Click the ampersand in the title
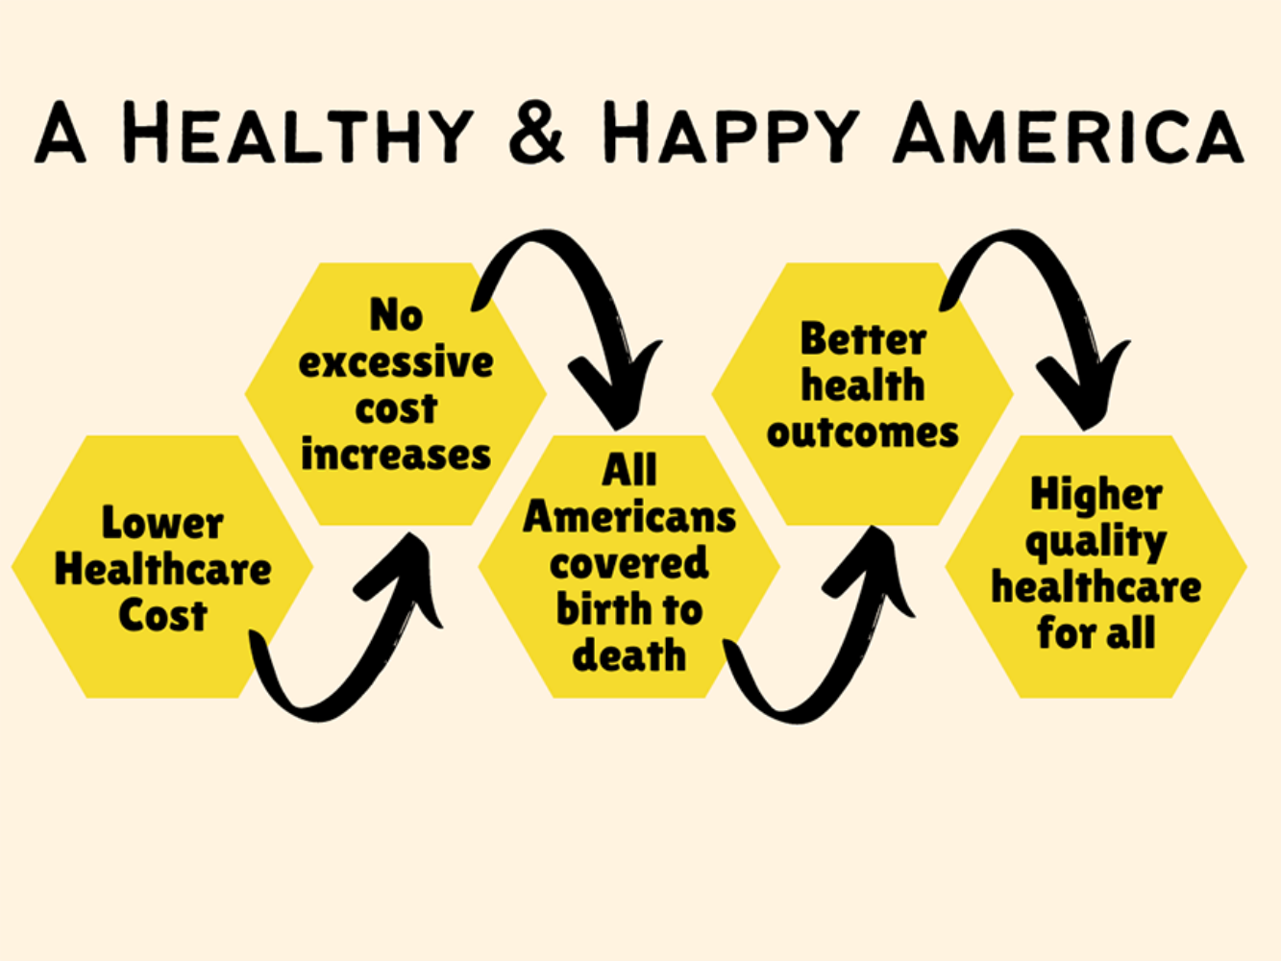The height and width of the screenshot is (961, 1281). [x=536, y=134]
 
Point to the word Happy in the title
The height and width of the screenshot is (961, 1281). [x=731, y=132]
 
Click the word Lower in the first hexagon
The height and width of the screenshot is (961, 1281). [x=162, y=522]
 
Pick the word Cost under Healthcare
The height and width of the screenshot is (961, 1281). [x=162, y=615]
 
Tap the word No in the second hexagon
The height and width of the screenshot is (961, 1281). [x=396, y=314]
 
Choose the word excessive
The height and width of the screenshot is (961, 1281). [x=396, y=361]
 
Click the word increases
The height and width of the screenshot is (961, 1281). [x=396, y=455]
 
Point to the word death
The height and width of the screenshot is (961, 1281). [x=629, y=655]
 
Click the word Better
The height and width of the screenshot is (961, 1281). [x=863, y=338]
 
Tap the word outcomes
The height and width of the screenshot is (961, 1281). [x=863, y=432]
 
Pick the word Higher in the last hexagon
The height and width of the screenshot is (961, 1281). [x=1096, y=494]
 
